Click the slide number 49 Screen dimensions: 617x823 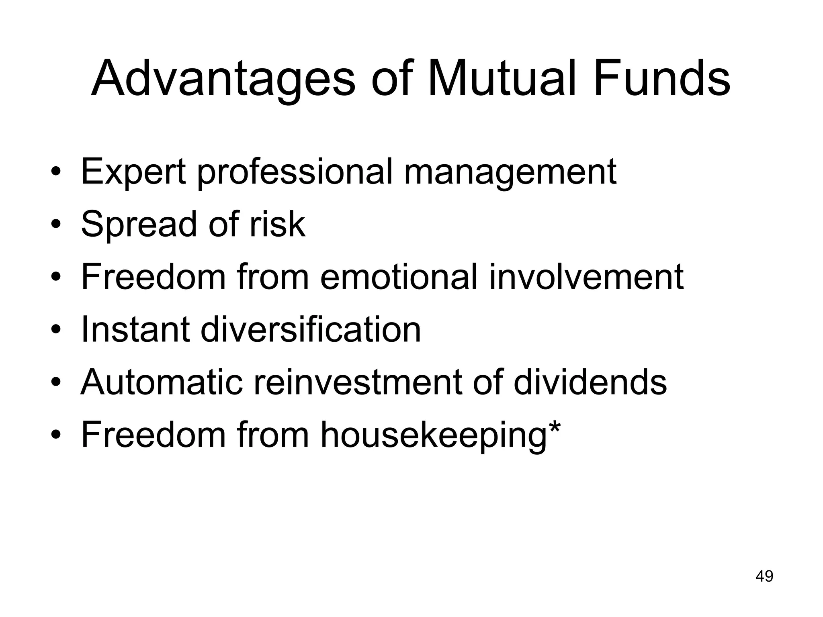[x=764, y=576]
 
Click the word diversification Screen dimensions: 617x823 [x=310, y=329]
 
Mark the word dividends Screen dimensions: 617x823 [x=590, y=382]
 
